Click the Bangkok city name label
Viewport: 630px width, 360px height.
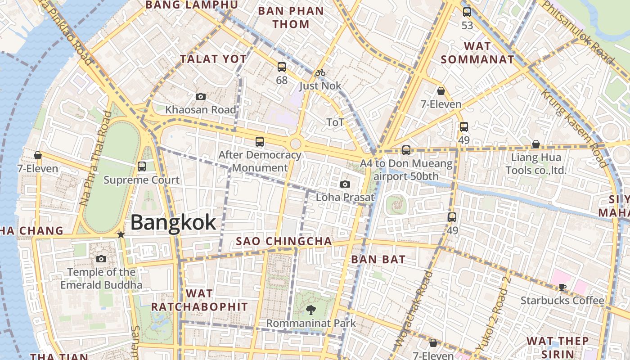pos(173,223)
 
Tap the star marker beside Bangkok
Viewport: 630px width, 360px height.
pos(121,234)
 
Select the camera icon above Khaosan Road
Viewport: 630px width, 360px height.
pos(201,96)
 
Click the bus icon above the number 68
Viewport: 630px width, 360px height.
pos(282,67)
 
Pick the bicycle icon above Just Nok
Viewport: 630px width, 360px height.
pos(320,72)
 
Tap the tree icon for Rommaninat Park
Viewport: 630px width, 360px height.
pos(310,310)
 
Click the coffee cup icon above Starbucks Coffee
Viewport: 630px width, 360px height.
pos(562,287)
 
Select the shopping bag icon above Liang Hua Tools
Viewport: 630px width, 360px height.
pos(535,144)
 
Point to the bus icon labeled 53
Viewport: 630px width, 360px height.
pos(467,12)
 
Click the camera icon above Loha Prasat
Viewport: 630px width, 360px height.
pos(345,184)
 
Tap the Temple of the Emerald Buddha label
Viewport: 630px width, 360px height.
pos(101,279)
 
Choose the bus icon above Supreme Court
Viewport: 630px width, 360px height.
pos(142,166)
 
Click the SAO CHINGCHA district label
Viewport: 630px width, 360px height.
pos(284,241)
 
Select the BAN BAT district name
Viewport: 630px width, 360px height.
pos(378,259)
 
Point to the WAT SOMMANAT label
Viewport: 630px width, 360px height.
pos(477,53)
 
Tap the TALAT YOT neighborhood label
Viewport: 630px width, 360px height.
pos(213,59)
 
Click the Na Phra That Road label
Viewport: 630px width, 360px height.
pos(95,158)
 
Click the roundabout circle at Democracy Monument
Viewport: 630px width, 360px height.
pos(295,144)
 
